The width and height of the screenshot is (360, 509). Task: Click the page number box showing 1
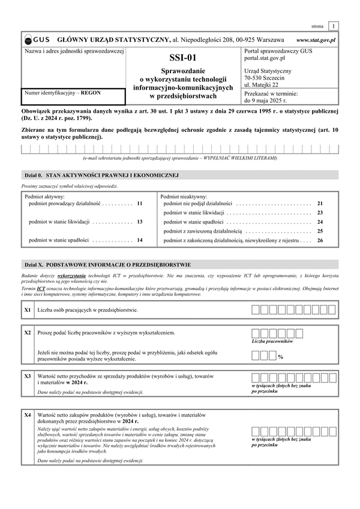point(333,26)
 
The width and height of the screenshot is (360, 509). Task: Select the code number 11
point(139,204)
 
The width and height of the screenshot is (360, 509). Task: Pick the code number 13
point(139,222)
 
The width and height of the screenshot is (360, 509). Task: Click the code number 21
point(320,204)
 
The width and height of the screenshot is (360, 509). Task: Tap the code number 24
point(320,222)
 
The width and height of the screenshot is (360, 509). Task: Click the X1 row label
point(28,310)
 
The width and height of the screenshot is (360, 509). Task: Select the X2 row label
point(28,332)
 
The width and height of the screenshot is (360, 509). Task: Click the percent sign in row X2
point(280,357)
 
